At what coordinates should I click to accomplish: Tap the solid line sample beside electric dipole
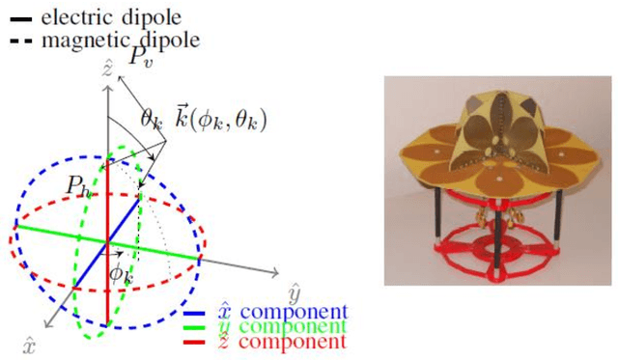point(17,17)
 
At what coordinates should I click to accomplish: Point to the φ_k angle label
point(120,274)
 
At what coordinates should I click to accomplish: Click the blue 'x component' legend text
point(291,312)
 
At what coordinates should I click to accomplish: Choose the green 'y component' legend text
point(291,327)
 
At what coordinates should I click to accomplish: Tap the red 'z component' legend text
point(291,342)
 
